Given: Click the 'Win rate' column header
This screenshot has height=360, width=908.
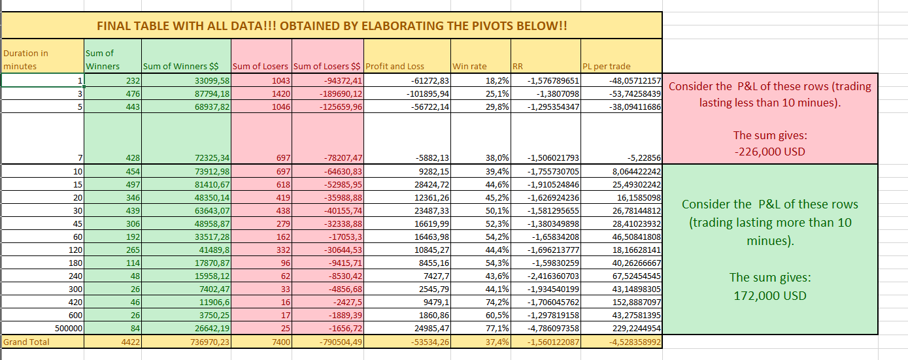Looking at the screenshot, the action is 469,66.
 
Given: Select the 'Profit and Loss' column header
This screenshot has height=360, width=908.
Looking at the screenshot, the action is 394,66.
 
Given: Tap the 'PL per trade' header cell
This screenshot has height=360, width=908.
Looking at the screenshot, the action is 606,66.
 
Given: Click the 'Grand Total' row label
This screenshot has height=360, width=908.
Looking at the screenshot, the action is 26,342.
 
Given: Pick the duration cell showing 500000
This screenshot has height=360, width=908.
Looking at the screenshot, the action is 69,329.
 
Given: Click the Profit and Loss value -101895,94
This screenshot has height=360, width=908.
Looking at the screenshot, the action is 428,94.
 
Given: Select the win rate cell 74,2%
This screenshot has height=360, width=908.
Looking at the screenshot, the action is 497,302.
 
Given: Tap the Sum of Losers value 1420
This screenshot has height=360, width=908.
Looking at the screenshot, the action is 281,94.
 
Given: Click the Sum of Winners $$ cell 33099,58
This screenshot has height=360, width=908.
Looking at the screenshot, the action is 212,81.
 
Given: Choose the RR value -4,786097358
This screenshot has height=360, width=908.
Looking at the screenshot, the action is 553,329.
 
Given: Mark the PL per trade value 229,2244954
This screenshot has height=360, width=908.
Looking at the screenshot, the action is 637,329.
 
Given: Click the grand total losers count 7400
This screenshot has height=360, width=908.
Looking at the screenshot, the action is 281,342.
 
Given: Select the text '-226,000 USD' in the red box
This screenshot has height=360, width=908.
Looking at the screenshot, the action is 770,152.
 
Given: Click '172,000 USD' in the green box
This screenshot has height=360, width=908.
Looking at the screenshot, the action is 770,295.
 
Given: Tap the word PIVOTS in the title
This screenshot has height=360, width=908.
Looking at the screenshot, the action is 492,26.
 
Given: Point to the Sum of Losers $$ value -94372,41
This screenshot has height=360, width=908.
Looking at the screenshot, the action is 343,81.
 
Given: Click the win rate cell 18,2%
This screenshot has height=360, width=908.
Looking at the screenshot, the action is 497,81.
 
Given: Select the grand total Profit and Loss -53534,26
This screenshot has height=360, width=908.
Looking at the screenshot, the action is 430,342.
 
